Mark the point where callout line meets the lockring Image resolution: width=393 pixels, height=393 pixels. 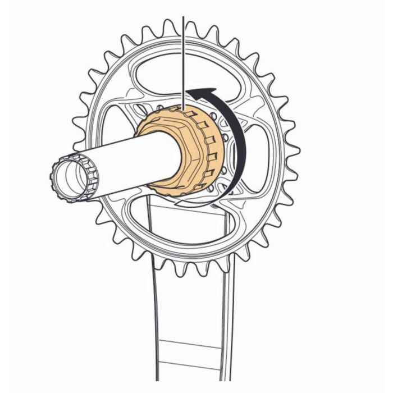click(x=184, y=107)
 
